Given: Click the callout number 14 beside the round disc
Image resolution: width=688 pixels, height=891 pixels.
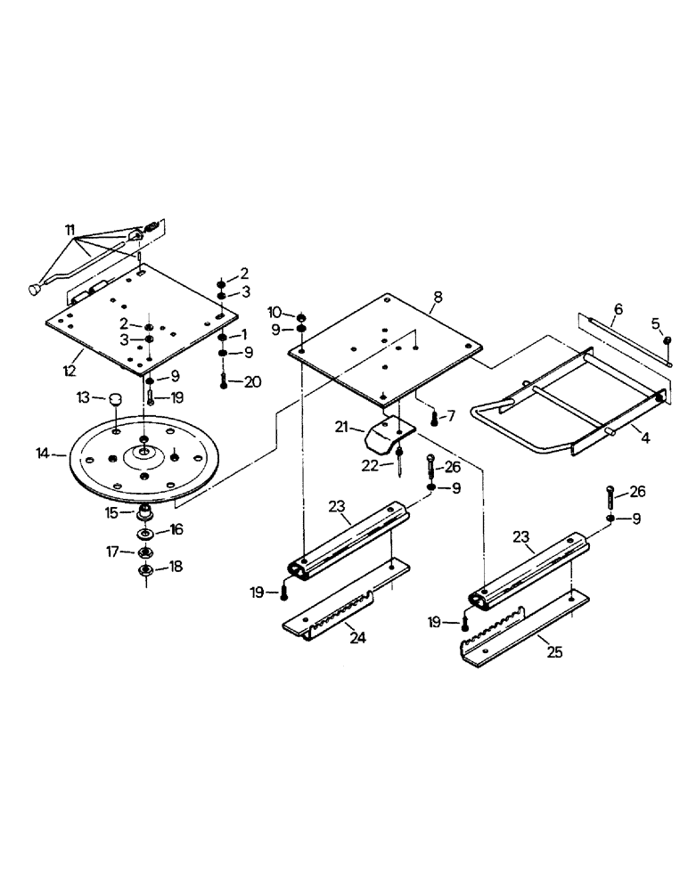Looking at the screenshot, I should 42,454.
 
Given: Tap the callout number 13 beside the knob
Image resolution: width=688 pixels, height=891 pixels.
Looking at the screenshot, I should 81,396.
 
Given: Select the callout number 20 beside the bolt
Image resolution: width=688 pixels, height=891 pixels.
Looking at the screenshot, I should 254,381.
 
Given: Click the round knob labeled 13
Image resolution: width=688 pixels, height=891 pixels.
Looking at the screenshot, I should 115,400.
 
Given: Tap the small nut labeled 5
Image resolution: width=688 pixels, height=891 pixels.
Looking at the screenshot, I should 666,340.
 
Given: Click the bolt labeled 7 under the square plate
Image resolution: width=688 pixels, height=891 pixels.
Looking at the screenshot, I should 434,415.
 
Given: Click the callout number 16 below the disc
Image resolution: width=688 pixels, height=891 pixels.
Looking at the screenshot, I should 176,530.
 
